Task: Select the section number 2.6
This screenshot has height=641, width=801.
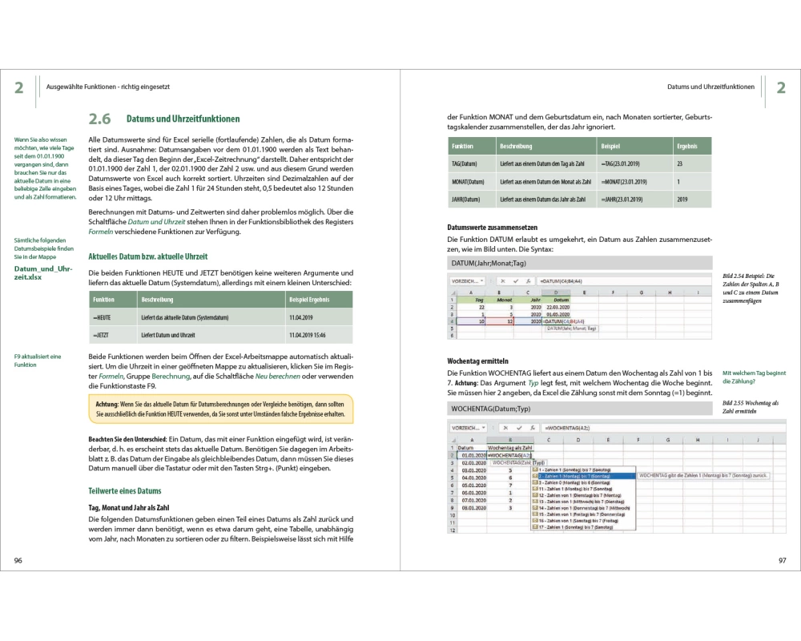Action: (x=99, y=119)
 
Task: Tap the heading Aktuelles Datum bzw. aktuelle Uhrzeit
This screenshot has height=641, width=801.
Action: (x=147, y=256)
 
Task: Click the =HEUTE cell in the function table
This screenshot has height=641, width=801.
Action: (x=101, y=317)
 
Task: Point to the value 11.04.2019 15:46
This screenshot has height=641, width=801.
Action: (x=308, y=335)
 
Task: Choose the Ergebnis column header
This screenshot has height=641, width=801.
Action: (x=686, y=147)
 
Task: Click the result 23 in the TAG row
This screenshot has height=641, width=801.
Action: (x=679, y=163)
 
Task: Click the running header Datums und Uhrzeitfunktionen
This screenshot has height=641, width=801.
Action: (x=710, y=87)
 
